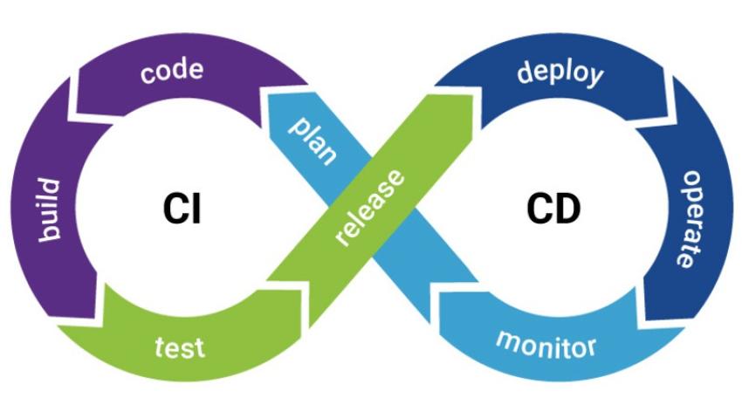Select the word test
(x=179, y=347)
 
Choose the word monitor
(x=546, y=342)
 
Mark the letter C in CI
(x=175, y=209)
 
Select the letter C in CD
(x=540, y=209)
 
